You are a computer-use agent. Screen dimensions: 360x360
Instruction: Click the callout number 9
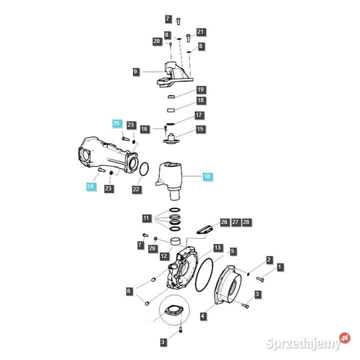point(135,72)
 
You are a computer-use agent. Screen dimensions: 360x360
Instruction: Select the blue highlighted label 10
point(207,176)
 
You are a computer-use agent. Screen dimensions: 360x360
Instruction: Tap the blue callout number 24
point(90,186)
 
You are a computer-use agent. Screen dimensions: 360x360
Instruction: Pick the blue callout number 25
point(116,123)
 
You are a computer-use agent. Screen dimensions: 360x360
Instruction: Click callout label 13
point(217,248)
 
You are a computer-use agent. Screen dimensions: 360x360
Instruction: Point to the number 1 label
point(279,267)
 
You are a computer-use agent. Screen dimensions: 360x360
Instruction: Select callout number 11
point(146,218)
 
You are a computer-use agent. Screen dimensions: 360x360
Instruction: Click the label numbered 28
point(246,221)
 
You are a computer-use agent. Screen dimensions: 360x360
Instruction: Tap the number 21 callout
point(200,32)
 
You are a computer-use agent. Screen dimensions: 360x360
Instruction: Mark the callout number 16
point(144,129)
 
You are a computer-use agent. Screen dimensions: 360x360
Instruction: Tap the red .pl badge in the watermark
point(344,338)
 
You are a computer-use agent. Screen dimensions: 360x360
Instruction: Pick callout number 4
point(202,316)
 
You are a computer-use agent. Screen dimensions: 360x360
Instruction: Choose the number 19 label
point(200,90)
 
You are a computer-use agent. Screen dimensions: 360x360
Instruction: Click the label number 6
point(129,290)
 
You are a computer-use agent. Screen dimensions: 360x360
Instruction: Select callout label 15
point(200,129)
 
